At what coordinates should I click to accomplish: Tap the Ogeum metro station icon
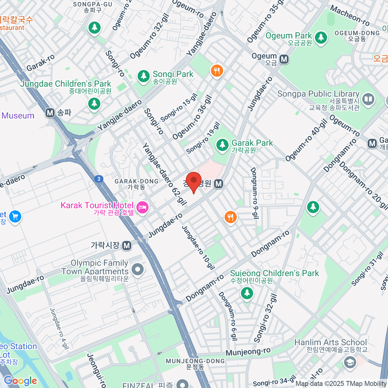tap(284, 59)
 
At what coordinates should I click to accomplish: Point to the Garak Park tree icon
tap(222, 145)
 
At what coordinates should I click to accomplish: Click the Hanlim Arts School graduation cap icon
tap(350, 362)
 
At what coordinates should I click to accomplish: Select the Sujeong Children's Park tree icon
tap(247, 293)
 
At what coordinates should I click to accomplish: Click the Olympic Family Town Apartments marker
tap(138, 269)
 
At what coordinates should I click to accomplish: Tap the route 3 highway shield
tap(99, 179)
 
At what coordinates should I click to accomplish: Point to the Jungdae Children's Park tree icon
tap(94, 103)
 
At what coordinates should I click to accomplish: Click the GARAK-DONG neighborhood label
tap(136, 184)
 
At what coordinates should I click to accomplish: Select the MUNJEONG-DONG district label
tap(195, 364)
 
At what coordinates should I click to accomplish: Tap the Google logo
tap(20, 381)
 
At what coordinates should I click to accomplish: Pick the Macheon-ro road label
tap(350, 16)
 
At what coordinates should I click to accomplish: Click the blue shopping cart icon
tap(15, 216)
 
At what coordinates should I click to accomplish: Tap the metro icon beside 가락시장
tap(127, 246)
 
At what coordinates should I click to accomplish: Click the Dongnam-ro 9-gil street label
tap(254, 193)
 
